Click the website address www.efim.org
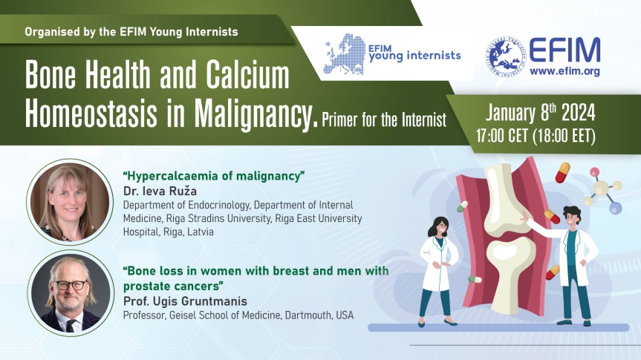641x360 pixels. pyautogui.click(x=564, y=71)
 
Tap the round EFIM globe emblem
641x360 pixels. pyautogui.click(x=505, y=57)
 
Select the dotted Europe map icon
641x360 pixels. pyautogui.click(x=344, y=54)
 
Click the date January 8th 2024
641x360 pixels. pyautogui.click(x=541, y=113)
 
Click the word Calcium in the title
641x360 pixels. pyautogui.click(x=247, y=75)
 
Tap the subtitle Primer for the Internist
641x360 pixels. pyautogui.click(x=384, y=120)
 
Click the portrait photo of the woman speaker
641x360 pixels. pyautogui.click(x=70, y=202)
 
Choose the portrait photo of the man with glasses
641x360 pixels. pyautogui.click(x=71, y=293)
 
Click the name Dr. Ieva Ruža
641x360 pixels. pyautogui.click(x=160, y=192)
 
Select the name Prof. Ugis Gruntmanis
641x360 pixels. pyautogui.click(x=185, y=301)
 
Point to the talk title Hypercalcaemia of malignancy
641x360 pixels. pyautogui.click(x=214, y=176)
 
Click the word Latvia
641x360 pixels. pyautogui.click(x=201, y=232)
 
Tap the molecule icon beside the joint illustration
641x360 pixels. pyautogui.click(x=603, y=191)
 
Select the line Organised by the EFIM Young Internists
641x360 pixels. pyautogui.click(x=131, y=32)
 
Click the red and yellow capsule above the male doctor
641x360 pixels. pyautogui.click(x=562, y=172)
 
